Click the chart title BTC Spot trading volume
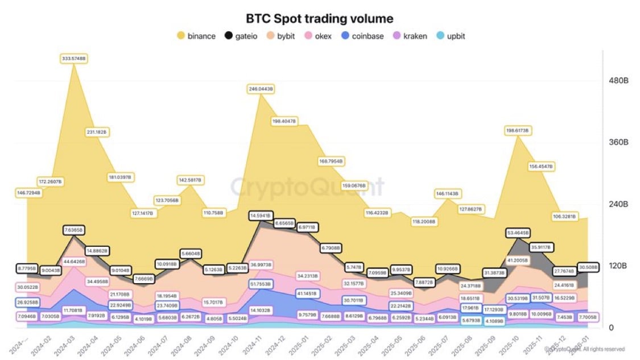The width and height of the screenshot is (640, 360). [x=319, y=19]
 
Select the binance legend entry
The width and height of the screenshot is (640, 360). [x=196, y=36]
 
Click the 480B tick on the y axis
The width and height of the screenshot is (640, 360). [x=618, y=81]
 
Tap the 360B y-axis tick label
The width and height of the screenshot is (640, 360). [x=618, y=142]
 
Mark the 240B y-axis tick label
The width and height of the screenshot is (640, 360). [x=618, y=204]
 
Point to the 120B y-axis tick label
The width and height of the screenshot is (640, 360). [x=618, y=266]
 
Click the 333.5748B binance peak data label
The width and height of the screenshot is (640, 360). [x=74, y=59]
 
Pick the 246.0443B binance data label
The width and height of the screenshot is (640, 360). [x=261, y=89]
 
